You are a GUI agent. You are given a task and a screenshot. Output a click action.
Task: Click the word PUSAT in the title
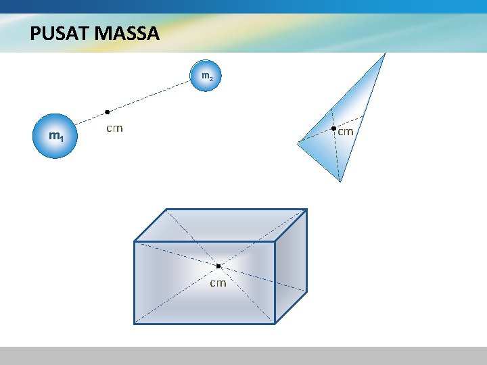[56, 34]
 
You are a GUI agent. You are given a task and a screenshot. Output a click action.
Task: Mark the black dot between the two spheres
[107, 112]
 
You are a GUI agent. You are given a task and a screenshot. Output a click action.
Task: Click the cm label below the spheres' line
[114, 128]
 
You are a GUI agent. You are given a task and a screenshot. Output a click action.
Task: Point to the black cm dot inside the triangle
[333, 128]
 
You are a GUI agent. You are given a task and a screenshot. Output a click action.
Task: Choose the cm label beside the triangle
[346, 132]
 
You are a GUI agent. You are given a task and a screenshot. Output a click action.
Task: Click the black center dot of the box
[218, 266]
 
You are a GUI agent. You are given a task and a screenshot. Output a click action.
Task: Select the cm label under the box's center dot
[218, 283]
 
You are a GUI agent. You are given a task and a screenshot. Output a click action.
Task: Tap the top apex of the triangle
[385, 54]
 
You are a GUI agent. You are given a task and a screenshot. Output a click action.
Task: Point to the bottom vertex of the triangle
[340, 181]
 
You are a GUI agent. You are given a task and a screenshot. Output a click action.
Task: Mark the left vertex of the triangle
[298, 142]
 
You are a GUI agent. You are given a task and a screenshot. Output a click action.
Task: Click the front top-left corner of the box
[135, 241]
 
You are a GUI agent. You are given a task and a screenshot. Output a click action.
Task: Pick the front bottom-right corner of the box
[275, 324]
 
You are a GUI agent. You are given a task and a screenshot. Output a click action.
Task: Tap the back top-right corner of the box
[306, 209]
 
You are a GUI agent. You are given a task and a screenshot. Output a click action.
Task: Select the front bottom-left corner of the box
[135, 324]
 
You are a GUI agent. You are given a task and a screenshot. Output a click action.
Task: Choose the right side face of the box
[291, 267]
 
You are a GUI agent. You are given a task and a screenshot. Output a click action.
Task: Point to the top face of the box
[221, 225]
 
